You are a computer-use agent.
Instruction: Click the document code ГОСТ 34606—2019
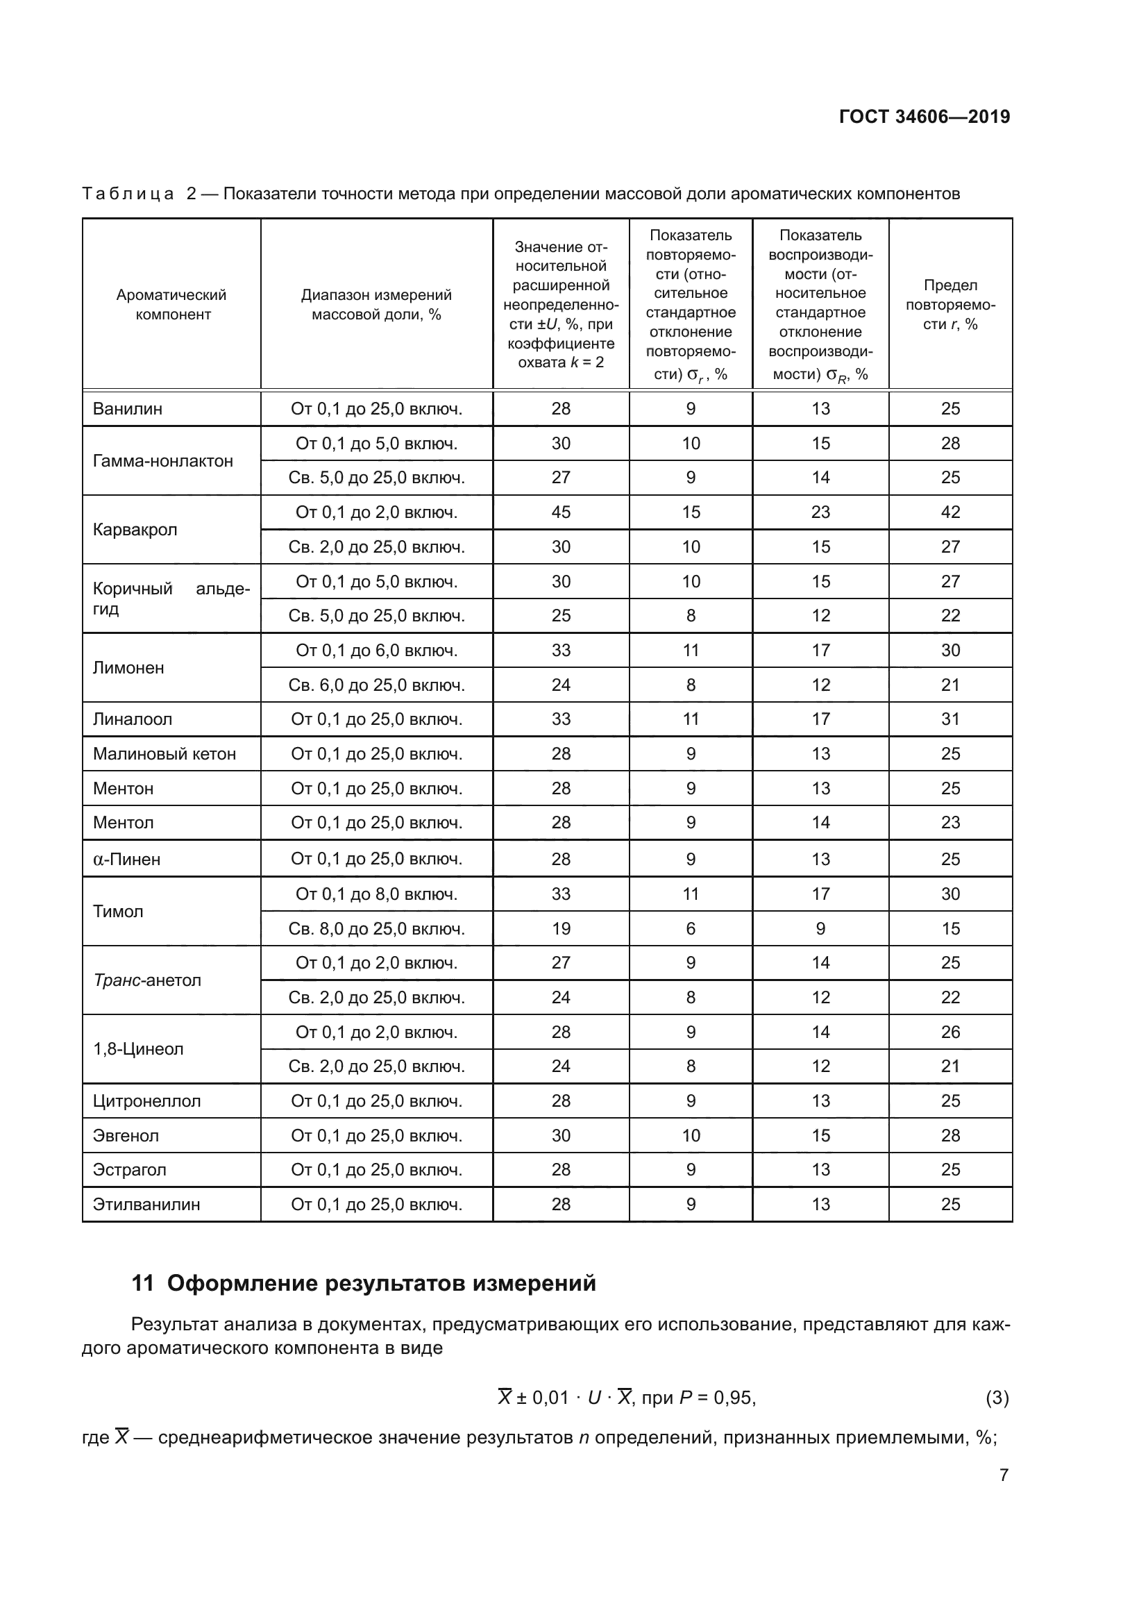924,117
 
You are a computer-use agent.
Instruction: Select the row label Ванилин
127,409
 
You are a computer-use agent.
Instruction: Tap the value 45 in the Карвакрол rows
561,512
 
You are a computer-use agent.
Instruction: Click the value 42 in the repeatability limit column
950,512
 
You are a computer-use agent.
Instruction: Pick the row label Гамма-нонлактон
162,461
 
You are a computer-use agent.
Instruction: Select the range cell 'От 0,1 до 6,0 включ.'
376,650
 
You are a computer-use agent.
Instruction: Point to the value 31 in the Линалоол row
950,719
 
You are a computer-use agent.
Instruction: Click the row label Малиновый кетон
164,754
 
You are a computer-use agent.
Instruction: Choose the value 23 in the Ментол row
950,823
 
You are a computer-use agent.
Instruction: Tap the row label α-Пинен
126,860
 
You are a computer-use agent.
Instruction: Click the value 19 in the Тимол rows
561,929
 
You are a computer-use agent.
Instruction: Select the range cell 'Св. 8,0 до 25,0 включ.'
376,929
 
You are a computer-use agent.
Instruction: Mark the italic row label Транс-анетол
147,980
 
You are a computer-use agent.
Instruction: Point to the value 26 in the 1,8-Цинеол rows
950,1032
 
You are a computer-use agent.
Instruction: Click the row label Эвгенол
126,1136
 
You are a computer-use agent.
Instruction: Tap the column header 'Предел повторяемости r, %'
950,305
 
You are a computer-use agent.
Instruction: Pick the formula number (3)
997,1398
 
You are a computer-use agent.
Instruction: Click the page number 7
1003,1475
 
